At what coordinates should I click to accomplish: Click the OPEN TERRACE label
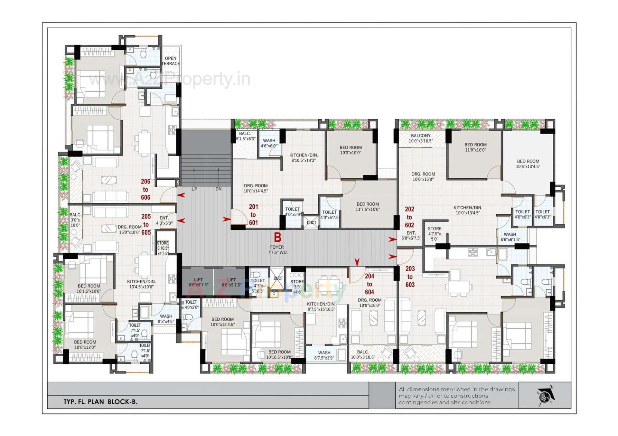171,61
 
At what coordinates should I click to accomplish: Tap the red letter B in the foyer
277,237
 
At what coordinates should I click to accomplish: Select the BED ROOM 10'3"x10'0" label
351,150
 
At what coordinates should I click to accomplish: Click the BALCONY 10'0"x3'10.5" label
421,138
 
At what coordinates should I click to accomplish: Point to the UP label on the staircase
194,189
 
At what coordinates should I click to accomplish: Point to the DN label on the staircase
219,189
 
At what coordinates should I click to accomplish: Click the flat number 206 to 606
145,190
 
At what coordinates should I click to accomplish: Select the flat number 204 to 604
370,284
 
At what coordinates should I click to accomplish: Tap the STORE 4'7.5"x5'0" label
435,234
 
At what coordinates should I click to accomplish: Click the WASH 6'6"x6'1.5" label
510,237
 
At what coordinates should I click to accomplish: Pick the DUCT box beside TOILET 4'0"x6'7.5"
311,222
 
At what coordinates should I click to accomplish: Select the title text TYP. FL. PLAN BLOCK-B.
100,402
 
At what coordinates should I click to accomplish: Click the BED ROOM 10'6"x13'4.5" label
528,164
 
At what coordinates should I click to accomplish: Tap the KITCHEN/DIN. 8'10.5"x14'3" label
303,157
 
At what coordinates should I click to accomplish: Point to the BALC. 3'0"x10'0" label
75,220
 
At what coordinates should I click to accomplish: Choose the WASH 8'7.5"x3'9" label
324,355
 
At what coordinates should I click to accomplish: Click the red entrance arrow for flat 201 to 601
227,219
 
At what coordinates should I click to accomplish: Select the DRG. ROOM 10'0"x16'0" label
370,302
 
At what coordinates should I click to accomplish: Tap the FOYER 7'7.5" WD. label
277,250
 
